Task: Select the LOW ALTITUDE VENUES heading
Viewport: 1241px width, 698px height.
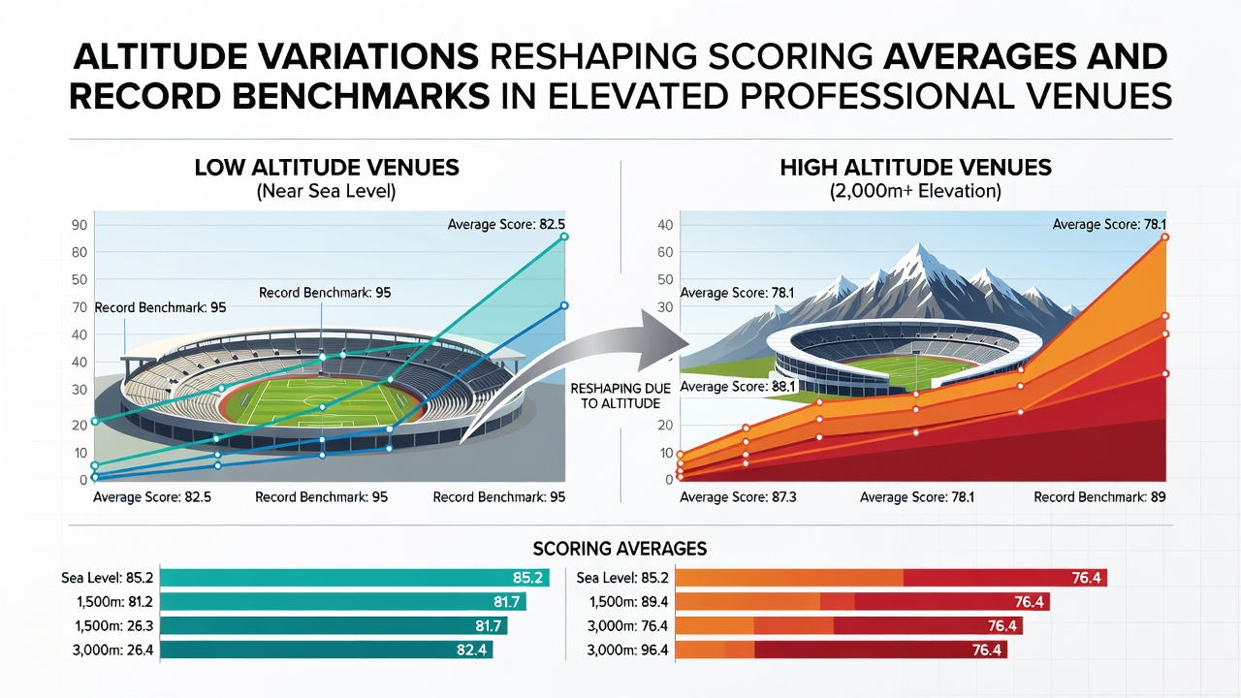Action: click(327, 168)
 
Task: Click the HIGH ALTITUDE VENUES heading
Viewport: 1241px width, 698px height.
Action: click(916, 168)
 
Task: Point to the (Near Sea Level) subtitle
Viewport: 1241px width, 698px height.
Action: click(327, 191)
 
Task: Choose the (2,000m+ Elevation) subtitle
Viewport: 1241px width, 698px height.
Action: click(916, 191)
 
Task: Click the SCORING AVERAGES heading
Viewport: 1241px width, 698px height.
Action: click(620, 549)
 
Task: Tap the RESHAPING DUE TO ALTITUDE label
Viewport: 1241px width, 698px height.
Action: click(620, 397)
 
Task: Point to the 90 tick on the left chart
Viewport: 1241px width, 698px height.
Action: click(80, 225)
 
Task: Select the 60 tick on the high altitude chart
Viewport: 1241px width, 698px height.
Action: click(665, 252)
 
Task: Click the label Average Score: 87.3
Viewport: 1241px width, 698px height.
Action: click(738, 497)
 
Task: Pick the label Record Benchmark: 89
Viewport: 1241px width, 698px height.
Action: click(1099, 497)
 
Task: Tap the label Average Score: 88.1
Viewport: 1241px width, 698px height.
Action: click(738, 386)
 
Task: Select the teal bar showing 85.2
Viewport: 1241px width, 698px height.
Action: click(355, 578)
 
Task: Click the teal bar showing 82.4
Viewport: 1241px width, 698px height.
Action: click(327, 650)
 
